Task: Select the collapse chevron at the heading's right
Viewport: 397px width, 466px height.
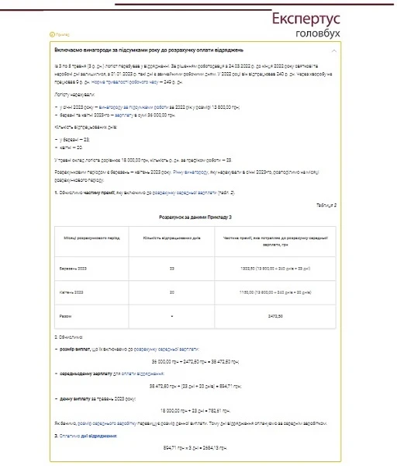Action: coord(334,49)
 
